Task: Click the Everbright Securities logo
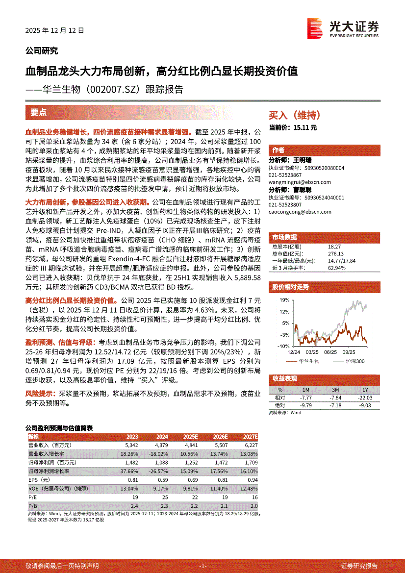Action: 343,28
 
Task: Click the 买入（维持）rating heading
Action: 295,115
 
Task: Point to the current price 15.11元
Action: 293,127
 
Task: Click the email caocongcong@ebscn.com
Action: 300,212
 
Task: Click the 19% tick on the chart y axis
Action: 285,299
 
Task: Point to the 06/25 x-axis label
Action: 330,351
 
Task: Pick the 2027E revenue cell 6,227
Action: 250,445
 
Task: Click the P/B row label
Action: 33,505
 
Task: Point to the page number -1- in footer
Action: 202,566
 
